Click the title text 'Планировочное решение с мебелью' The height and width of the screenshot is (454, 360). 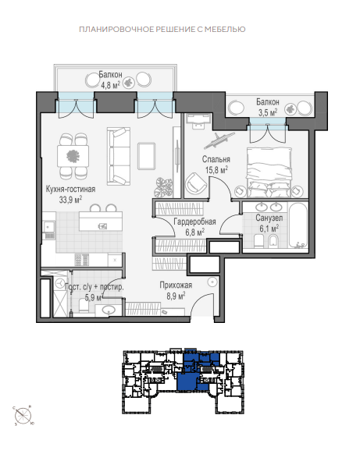pyautogui.click(x=162, y=29)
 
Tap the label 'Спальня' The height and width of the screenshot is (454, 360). pyautogui.click(x=216, y=159)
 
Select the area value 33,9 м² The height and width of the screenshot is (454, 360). pyautogui.click(x=70, y=199)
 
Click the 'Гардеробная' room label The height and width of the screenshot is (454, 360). pyautogui.click(x=194, y=222)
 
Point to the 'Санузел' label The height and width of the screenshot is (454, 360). pyautogui.click(x=269, y=218)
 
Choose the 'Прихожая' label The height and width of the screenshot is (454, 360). pyautogui.click(x=176, y=286)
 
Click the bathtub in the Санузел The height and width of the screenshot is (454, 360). pyautogui.click(x=298, y=225)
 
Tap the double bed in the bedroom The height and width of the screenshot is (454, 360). pyautogui.click(x=269, y=172)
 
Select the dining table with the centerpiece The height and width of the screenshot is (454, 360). pyautogui.click(x=73, y=156)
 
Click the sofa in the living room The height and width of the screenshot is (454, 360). pyautogui.click(x=119, y=156)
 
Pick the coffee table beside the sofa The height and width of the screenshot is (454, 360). pyautogui.click(x=146, y=156)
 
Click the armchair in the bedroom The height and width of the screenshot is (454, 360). pyautogui.click(x=195, y=183)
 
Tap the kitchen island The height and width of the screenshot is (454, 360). pyautogui.click(x=101, y=222)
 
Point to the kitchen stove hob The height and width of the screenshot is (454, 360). pyautogui.click(x=82, y=260)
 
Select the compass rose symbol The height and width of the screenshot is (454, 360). pyautogui.click(x=23, y=416)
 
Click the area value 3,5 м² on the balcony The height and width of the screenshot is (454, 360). pyautogui.click(x=268, y=112)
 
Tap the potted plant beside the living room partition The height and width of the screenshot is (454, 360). pyautogui.click(x=163, y=187)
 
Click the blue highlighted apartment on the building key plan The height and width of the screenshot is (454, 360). pyautogui.click(x=188, y=381)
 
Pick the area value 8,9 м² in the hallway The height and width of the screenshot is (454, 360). pyautogui.click(x=176, y=296)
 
